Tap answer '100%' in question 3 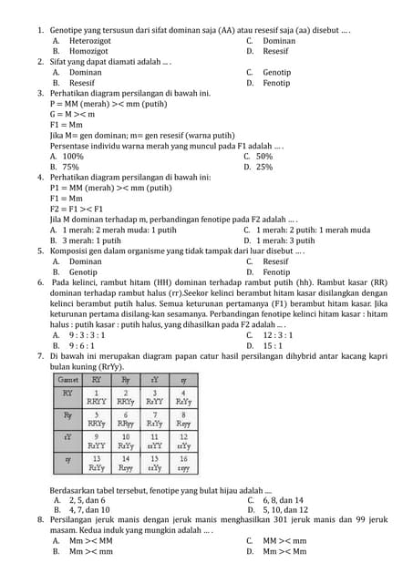(x=72, y=156)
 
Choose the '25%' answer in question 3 (x=263, y=167)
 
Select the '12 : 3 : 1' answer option (x=278, y=334)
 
